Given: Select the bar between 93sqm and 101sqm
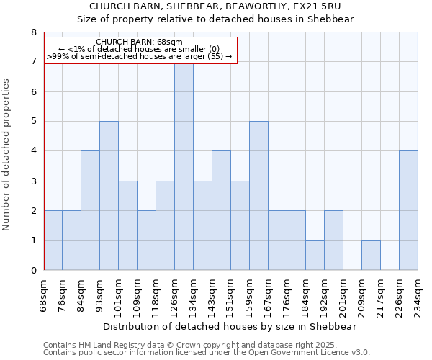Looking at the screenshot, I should tap(109, 196).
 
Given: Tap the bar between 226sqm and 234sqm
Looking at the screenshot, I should tap(408, 211).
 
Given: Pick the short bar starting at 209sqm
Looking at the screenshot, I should tap(371, 256).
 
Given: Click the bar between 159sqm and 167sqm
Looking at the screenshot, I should tap(258, 196).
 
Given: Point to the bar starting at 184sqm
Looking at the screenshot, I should tap(315, 256).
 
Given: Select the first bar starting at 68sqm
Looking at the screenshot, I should tap(53, 240).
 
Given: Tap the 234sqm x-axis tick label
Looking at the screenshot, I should tap(418, 294).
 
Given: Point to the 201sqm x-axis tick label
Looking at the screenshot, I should tap(343, 294).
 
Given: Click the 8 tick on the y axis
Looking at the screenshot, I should tap(33, 32).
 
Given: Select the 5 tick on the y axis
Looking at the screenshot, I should tap(33, 122).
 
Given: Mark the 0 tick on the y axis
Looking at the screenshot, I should tap(33, 271).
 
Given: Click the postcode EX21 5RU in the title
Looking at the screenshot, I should tap(315, 6).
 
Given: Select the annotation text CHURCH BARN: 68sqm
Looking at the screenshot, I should tap(139, 42).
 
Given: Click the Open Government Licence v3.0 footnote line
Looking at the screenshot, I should tap(207, 353).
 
